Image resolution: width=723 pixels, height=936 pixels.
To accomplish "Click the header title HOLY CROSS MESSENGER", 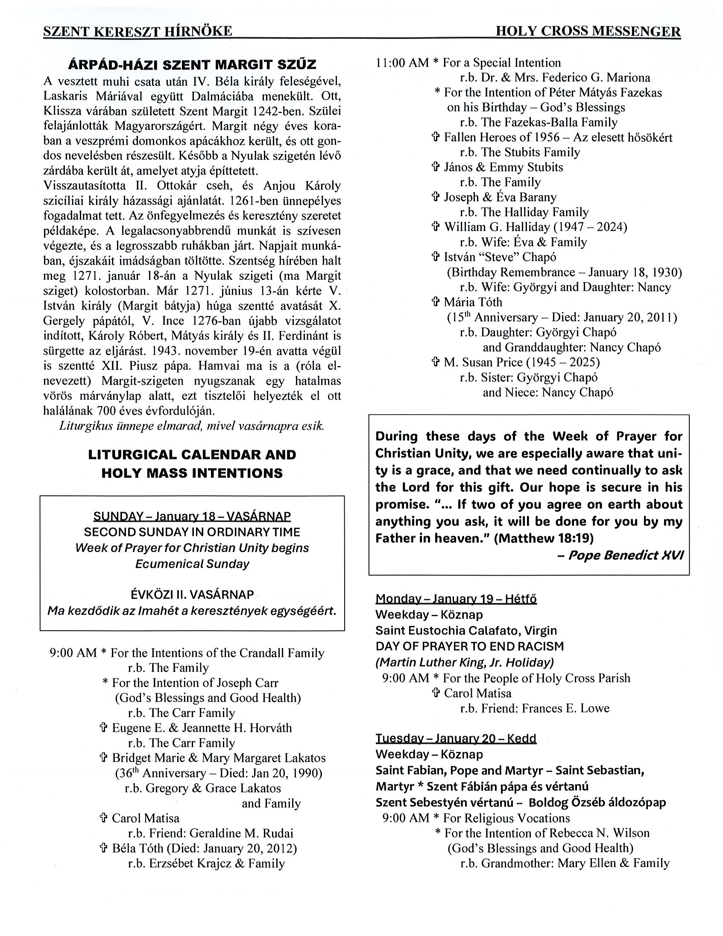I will (x=588, y=31).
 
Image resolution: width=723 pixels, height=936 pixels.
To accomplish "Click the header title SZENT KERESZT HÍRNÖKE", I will (x=138, y=31).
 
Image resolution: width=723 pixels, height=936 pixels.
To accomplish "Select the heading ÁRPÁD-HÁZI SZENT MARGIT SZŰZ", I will (x=192, y=65).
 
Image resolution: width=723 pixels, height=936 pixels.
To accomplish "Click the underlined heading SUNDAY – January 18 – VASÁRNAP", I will (x=192, y=516).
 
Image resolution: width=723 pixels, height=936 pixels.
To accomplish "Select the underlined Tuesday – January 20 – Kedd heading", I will (x=456, y=738).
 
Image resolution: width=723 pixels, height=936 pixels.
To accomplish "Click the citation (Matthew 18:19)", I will (x=544, y=538).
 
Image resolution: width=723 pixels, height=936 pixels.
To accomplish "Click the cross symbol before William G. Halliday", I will (x=436, y=227).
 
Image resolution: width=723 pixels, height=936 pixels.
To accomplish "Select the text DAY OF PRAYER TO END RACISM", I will (x=470, y=646).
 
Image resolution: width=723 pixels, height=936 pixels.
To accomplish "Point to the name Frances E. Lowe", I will (x=565, y=708).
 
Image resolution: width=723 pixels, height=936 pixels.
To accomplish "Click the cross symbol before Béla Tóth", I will (x=103, y=848).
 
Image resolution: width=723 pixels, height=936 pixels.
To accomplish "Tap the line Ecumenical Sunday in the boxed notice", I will (x=192, y=564).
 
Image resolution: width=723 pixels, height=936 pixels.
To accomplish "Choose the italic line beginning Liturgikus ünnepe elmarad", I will (x=192, y=426).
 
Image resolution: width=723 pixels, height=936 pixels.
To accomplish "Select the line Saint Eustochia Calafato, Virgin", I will (x=466, y=630).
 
